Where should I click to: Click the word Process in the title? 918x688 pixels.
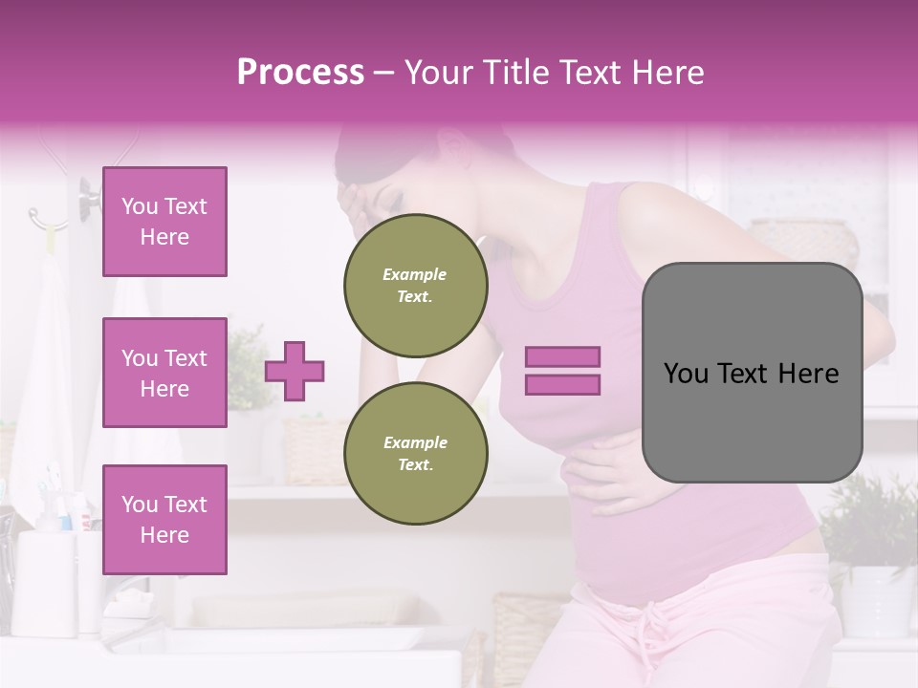(x=300, y=73)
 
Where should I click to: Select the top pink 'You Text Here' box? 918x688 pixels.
(x=164, y=222)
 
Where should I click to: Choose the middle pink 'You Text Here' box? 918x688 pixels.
(x=164, y=373)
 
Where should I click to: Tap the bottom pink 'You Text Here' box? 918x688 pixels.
(x=164, y=520)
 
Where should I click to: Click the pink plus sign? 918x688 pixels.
(x=295, y=371)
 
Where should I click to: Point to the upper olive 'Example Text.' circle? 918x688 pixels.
(x=416, y=285)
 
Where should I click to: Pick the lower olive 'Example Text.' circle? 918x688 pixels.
(x=416, y=453)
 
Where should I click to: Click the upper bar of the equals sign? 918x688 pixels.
(x=562, y=357)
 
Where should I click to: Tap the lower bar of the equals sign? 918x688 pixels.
(x=562, y=385)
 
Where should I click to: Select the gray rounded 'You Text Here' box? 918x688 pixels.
(x=752, y=373)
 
